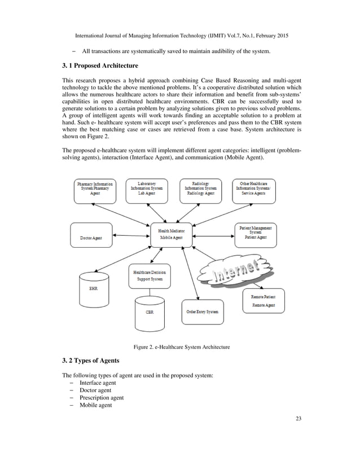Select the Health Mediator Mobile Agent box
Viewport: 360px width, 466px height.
click(172, 234)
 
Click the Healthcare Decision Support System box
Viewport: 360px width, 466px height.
click(149, 276)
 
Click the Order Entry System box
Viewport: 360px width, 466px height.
click(202, 311)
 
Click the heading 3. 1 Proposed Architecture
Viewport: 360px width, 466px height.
click(100, 66)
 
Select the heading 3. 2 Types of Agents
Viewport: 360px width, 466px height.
click(93, 361)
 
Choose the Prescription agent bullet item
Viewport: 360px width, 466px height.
click(102, 397)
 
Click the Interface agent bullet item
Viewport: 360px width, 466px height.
click(99, 383)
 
